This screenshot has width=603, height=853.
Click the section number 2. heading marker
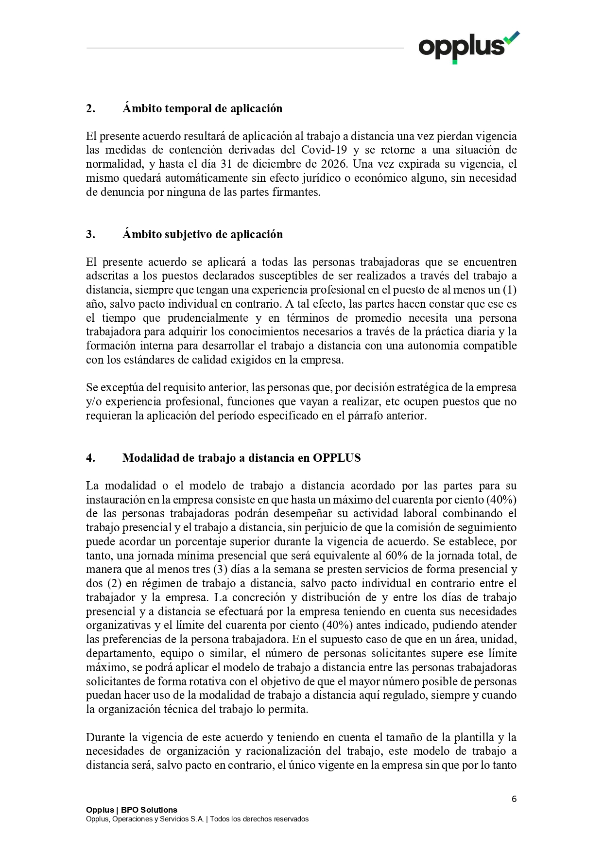point(91,108)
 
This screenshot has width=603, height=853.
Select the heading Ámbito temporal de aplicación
point(202,108)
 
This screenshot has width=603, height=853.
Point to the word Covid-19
point(324,150)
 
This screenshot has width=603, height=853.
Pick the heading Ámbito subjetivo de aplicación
point(202,234)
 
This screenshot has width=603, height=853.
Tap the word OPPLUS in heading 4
point(336,458)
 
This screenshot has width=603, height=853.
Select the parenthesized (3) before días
point(220,570)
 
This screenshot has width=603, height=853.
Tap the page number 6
point(514,799)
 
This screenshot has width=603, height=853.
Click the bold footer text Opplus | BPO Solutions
point(132,810)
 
